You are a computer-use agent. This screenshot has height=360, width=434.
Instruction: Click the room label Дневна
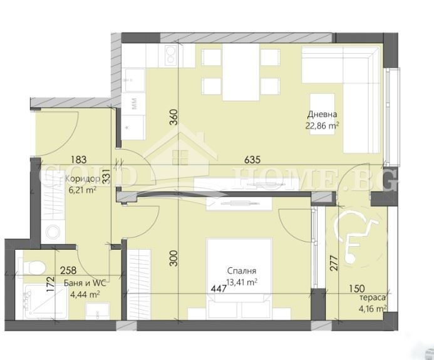[322, 115]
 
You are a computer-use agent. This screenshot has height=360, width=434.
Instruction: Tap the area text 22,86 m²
[323, 126]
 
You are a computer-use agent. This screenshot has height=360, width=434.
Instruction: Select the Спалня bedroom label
[242, 270]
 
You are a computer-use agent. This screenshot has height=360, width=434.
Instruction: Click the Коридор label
[83, 179]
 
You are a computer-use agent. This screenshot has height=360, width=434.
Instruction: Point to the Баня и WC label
[85, 283]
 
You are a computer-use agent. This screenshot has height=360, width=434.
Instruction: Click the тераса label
[373, 298]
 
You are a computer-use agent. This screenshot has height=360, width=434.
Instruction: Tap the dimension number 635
[252, 160]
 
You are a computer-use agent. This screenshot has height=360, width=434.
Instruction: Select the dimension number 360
[173, 117]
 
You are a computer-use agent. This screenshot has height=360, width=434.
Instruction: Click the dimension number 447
[219, 289]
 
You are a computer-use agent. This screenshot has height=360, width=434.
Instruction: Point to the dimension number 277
[334, 263]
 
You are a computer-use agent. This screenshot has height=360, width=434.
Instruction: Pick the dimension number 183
[79, 160]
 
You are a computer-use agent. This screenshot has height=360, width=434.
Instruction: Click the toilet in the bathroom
[33, 267]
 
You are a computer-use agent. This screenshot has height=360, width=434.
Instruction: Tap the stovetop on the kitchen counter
[170, 56]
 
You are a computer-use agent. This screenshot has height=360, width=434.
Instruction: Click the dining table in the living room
[241, 72]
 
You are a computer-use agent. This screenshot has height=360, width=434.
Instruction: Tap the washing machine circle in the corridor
[53, 232]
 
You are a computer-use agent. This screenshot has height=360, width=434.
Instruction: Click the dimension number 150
[357, 289]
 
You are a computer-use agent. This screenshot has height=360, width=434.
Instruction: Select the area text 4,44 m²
[85, 294]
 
